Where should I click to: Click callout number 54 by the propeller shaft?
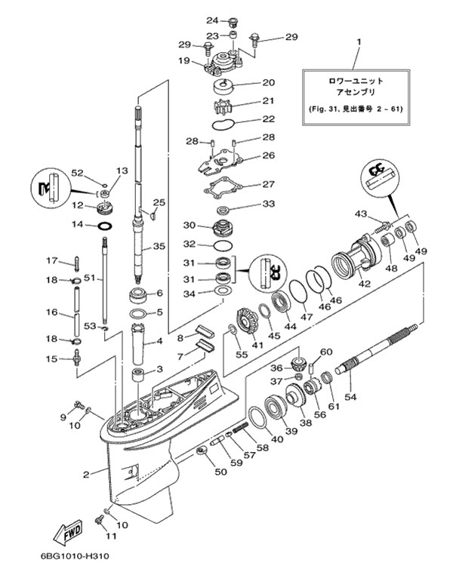tap(350, 395)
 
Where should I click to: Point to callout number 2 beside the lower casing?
tap(86, 474)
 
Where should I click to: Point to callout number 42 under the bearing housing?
tap(364, 284)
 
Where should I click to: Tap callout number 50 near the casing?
tap(220, 472)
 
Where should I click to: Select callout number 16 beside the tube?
tap(52, 312)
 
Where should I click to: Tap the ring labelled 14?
tap(105, 225)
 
